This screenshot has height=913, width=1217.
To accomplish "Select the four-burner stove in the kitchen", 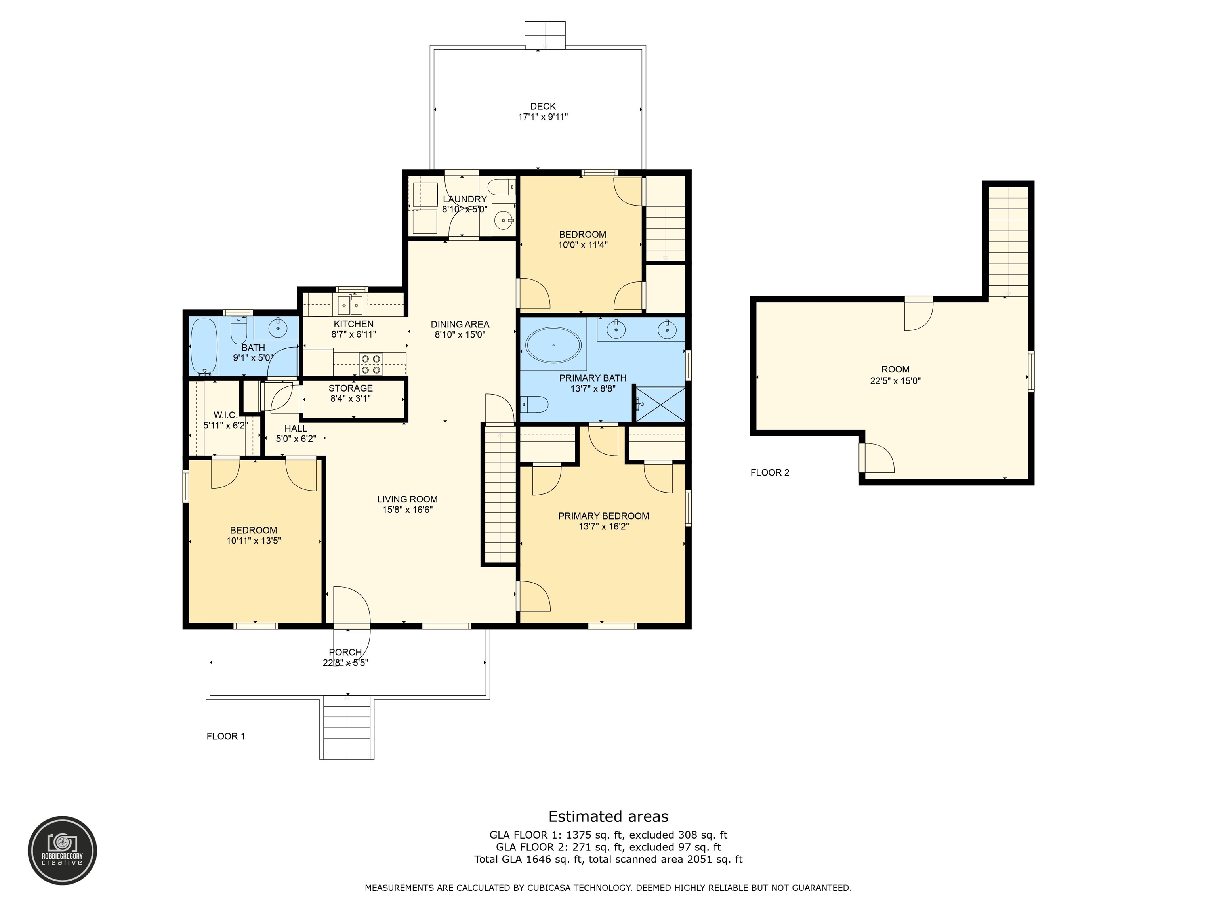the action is (x=371, y=364).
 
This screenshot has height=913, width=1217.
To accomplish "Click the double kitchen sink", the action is (x=350, y=304).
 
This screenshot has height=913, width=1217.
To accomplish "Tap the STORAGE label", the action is (x=351, y=388).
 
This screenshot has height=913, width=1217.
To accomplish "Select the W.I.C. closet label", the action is (x=225, y=415).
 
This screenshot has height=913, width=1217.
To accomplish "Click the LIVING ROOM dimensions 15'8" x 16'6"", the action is (x=408, y=510).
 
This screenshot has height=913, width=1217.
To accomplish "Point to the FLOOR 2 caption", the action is (x=770, y=472).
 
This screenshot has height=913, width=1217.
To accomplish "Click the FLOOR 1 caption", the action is (x=225, y=736).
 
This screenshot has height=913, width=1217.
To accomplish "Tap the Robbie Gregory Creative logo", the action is (x=62, y=850).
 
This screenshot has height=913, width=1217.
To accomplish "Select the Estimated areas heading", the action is (x=608, y=816).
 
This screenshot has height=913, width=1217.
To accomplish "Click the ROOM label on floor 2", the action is (x=895, y=369).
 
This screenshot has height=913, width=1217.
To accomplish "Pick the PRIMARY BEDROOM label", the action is (x=604, y=516).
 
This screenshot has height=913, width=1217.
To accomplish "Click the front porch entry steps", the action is (x=347, y=728).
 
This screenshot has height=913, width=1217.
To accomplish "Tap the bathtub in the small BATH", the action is (x=204, y=346).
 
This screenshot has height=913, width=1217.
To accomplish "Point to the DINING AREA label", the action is (x=460, y=324).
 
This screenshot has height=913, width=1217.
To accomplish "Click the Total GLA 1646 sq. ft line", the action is (x=608, y=859).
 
